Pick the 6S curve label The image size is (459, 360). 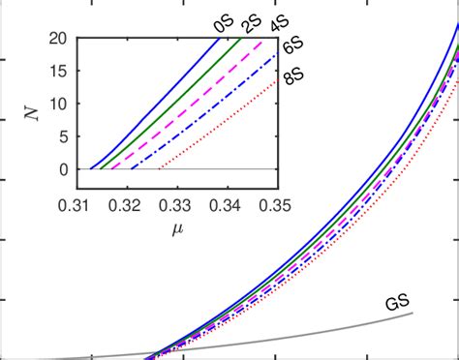[292, 45]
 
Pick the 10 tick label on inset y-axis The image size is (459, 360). [58, 104]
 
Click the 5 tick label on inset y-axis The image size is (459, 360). [61, 136]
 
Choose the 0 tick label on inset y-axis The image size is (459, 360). [61, 169]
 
